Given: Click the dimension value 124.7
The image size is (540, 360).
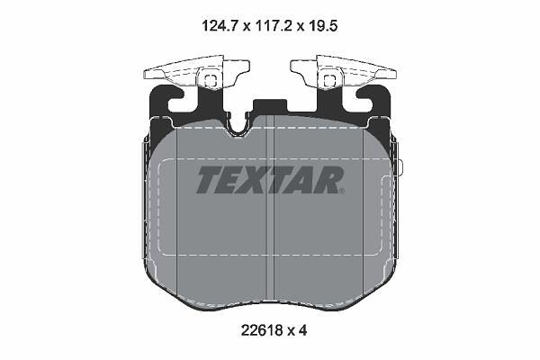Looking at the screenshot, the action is tap(220, 26).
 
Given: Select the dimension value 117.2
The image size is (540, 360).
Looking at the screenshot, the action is tap(273, 26).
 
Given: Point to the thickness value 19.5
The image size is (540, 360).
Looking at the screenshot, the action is tap(322, 26).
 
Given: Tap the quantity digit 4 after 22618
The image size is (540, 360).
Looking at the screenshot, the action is tap(302, 331).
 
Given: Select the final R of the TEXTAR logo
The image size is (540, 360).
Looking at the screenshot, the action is tap(326, 179).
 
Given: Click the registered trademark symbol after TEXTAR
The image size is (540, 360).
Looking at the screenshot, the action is tap(341, 191).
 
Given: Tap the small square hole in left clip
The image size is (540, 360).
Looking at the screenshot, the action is tap(210, 81).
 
